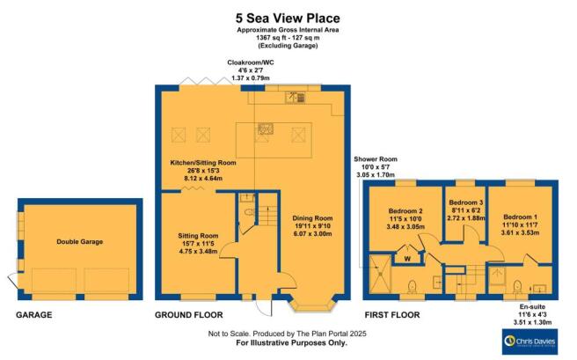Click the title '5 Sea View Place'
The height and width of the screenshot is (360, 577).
click(x=288, y=17)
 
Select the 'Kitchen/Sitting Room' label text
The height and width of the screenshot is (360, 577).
click(x=203, y=163)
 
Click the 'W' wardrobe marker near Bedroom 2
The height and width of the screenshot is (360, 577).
click(x=407, y=259)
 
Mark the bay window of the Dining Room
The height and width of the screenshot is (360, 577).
click(x=313, y=306)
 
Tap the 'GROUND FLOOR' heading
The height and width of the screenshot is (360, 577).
click(x=189, y=315)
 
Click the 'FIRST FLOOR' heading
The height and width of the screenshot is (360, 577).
click(x=391, y=315)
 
